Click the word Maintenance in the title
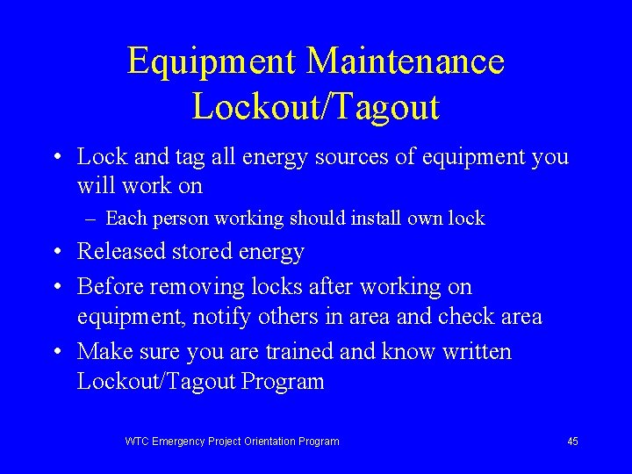click(x=406, y=61)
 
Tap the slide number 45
click(x=572, y=442)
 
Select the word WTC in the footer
click(x=137, y=442)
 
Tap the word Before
click(x=111, y=287)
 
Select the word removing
click(x=190, y=287)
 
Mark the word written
click(x=476, y=352)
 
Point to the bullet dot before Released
click(x=55, y=253)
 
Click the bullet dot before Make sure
click(x=55, y=353)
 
